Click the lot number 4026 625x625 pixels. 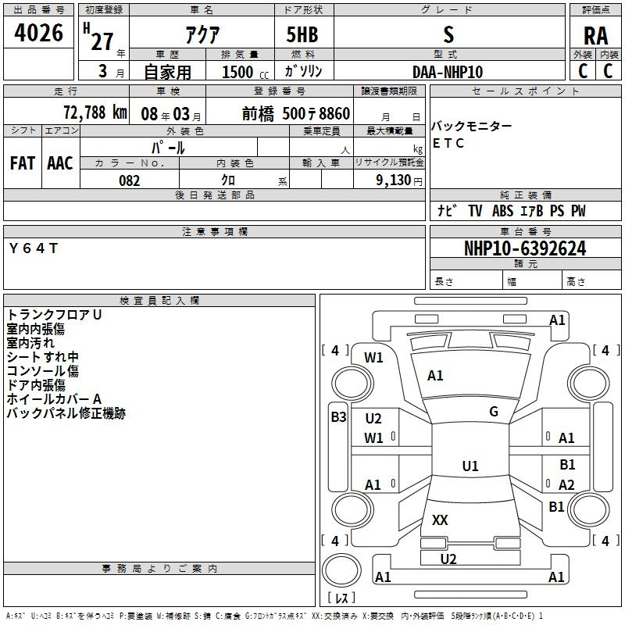38,33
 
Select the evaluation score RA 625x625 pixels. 595,36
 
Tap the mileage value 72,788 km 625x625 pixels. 95,112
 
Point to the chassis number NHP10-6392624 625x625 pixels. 525,248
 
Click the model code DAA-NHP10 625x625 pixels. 448,72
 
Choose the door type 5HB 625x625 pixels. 302,34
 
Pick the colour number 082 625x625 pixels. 130,180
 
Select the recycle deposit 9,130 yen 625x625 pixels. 399,180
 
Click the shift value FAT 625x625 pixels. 23,163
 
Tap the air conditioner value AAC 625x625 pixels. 60,163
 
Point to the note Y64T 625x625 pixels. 34,248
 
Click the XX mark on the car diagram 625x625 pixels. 440,520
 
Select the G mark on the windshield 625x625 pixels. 494,412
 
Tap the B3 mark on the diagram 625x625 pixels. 338,417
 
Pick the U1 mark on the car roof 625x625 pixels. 470,466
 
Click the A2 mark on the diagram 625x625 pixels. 566,485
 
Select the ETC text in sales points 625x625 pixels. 448,143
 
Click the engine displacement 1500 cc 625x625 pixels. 245,72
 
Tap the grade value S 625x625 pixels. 448,34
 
